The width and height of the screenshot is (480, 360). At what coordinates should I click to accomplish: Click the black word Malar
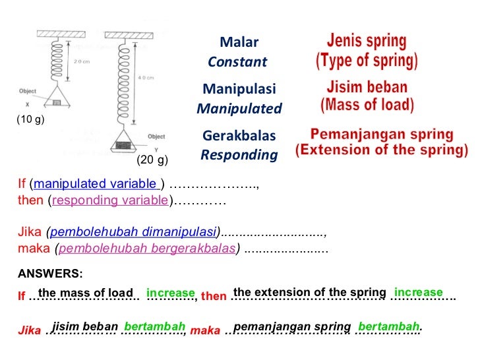point(239,43)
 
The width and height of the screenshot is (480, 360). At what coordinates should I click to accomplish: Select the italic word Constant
point(237,63)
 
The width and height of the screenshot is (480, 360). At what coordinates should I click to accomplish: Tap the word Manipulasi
point(239,89)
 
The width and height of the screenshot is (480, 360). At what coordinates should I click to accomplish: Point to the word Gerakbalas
point(239,136)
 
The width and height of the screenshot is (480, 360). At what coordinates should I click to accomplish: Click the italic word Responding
point(239,156)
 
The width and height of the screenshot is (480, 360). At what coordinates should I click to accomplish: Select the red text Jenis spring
point(367,42)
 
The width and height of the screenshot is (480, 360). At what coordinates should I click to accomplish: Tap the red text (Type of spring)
point(367,62)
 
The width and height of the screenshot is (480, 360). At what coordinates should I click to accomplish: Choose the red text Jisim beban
point(367,87)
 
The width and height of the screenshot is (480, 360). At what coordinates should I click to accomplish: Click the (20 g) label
point(152,160)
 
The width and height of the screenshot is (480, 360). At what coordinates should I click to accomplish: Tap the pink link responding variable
point(110,200)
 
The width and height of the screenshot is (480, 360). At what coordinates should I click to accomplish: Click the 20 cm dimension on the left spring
point(81,62)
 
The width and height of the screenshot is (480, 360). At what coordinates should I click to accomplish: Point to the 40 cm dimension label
point(145,77)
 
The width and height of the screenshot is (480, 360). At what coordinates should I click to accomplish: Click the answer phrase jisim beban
point(85,326)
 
